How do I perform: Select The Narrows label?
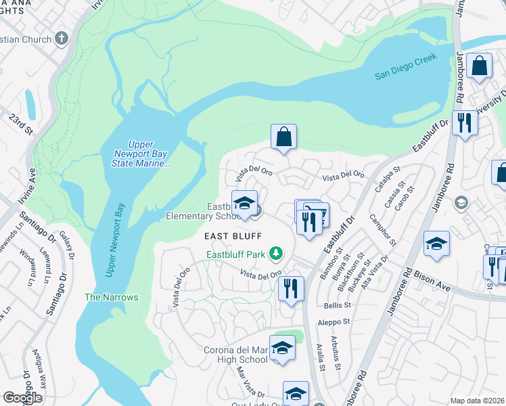111,297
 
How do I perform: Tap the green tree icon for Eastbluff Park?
275,254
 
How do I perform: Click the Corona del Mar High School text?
235,355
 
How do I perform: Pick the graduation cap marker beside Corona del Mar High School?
282,348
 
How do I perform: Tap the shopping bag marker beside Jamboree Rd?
479,66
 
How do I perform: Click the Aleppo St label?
336,323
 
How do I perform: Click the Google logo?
22,397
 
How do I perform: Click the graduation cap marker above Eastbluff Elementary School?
244,202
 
